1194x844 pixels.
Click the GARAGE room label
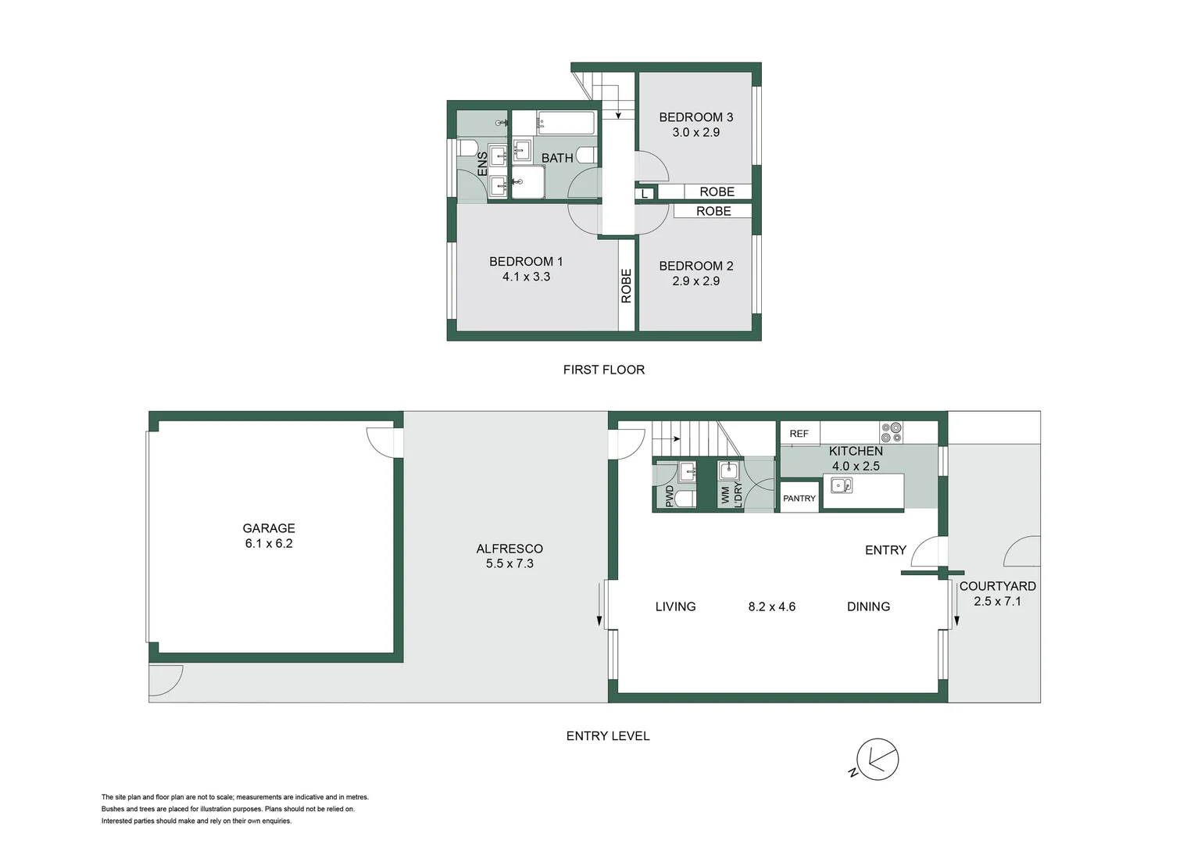(268, 528)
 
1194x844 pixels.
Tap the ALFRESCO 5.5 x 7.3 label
(509, 556)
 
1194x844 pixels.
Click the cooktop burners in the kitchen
(891, 432)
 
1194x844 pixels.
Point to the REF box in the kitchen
(799, 434)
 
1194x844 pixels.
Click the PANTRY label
(799, 499)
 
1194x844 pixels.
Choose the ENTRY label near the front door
(885, 550)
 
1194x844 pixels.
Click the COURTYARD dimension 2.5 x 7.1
(997, 601)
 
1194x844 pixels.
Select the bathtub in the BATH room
(566, 123)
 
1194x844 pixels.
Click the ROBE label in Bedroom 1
(626, 286)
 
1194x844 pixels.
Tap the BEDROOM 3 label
(695, 117)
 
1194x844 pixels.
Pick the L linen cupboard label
(645, 194)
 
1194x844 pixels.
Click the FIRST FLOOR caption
(603, 370)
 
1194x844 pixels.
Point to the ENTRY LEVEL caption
(607, 735)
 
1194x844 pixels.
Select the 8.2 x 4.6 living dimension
(771, 606)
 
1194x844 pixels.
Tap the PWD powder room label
(670, 496)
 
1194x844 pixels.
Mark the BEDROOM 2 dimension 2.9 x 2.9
(695, 281)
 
